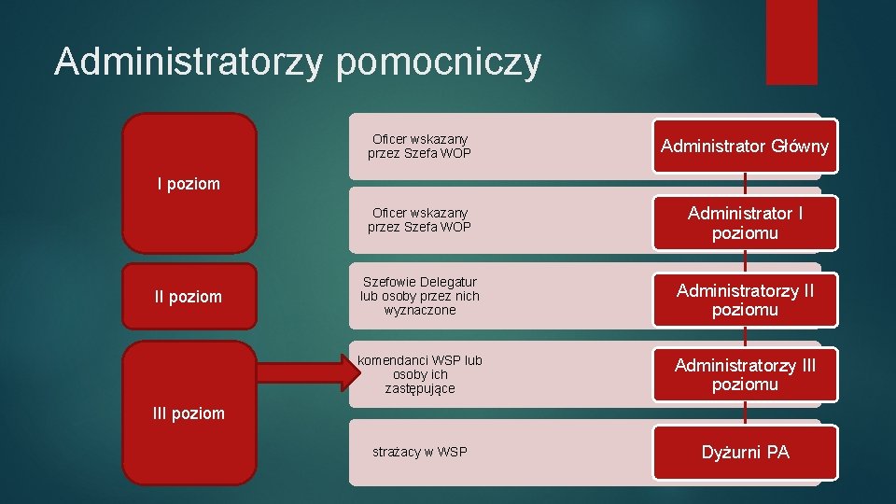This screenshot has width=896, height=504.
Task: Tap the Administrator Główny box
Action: click(x=745, y=146)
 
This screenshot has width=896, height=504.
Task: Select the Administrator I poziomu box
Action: click(x=745, y=223)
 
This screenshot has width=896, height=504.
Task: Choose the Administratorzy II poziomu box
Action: click(x=745, y=300)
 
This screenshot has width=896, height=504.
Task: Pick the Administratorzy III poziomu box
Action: click(x=745, y=374)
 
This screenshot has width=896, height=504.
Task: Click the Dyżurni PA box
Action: click(x=745, y=453)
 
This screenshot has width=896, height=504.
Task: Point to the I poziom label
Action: click(x=189, y=184)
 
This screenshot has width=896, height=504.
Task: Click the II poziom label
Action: click(x=189, y=297)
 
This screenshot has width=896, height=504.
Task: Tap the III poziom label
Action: click(x=189, y=413)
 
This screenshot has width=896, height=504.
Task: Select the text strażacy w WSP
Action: click(x=420, y=453)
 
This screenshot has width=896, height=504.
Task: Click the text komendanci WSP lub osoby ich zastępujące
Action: click(x=420, y=374)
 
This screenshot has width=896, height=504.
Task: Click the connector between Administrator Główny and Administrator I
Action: click(x=745, y=185)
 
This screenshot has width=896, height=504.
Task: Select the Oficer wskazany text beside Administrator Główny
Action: click(x=420, y=146)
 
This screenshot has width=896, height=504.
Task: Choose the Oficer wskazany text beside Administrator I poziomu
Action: click(x=420, y=220)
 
